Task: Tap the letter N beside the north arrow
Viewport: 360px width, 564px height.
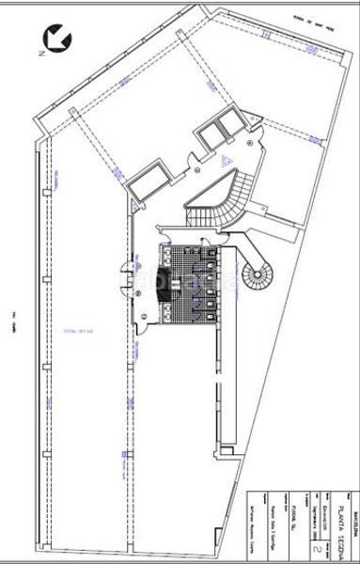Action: pyautogui.click(x=40, y=54)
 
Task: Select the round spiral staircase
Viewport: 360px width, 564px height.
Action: pyautogui.click(x=257, y=277)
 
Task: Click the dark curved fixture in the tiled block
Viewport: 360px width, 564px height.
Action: pyautogui.click(x=165, y=279)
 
